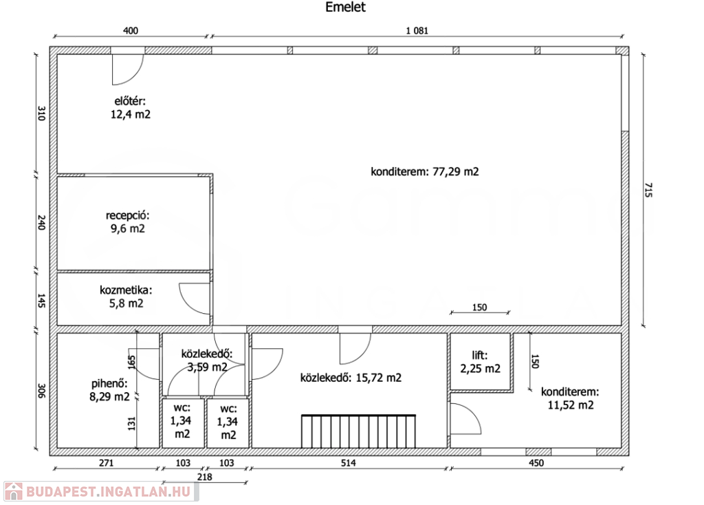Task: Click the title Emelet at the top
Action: click(x=345, y=7)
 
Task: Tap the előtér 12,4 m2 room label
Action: click(x=130, y=108)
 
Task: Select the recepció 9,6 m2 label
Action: click(x=127, y=222)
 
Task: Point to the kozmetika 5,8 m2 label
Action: click(x=126, y=297)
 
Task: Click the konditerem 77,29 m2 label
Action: click(x=425, y=171)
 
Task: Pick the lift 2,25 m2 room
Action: click(x=480, y=362)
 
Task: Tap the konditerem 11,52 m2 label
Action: click(x=570, y=398)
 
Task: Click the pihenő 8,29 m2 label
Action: click(x=109, y=390)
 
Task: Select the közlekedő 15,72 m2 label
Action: click(x=351, y=378)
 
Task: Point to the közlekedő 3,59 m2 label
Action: click(x=207, y=361)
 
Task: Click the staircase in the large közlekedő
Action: click(x=358, y=431)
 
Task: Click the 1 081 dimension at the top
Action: click(x=417, y=30)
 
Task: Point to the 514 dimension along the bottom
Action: click(x=348, y=463)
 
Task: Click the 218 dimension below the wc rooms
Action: click(x=204, y=477)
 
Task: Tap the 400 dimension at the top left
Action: click(x=130, y=30)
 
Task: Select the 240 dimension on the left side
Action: click(x=41, y=223)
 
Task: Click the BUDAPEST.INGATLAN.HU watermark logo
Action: click(x=101, y=491)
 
